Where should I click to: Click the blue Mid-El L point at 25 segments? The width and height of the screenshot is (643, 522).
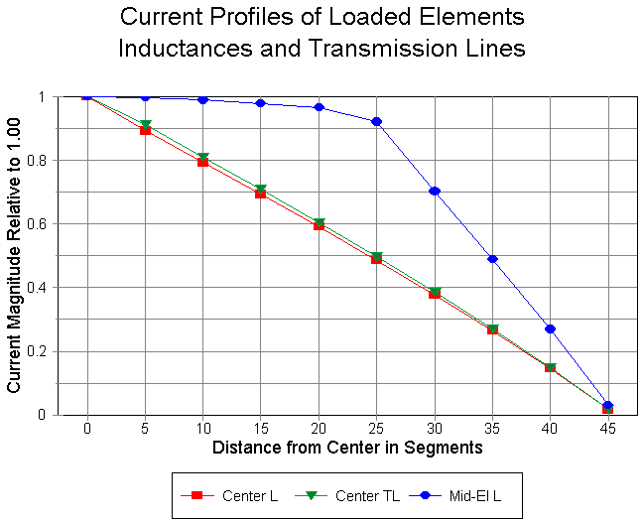click(x=376, y=121)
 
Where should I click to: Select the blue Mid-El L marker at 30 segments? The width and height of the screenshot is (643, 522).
click(x=435, y=191)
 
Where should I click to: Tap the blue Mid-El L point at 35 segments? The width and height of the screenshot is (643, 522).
click(x=492, y=259)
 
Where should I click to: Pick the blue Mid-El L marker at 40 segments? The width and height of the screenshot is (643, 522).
click(x=550, y=328)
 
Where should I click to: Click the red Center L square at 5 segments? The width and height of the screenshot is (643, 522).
click(x=145, y=130)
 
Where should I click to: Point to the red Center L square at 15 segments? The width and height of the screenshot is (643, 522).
click(x=261, y=194)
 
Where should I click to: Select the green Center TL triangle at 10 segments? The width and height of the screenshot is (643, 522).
click(x=202, y=158)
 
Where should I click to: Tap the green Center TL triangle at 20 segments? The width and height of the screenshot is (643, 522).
click(x=319, y=223)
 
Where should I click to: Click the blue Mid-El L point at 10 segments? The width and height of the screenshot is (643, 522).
click(x=202, y=99)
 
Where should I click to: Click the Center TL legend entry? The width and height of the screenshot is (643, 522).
click(x=357, y=494)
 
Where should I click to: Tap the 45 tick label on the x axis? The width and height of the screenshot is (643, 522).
click(x=607, y=430)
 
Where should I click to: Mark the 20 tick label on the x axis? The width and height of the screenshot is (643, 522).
click(x=319, y=430)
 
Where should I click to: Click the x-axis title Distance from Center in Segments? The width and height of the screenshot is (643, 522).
click(x=347, y=448)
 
